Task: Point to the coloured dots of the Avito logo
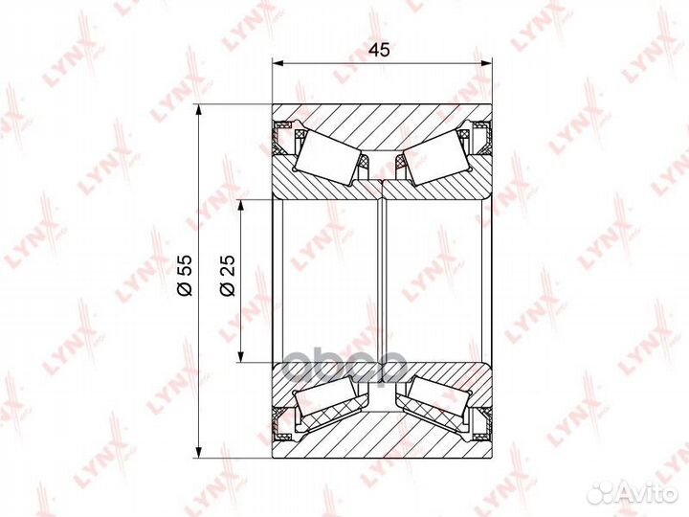coord(601,492)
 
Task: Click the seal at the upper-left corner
coord(283,139)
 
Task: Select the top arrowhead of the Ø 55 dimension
coord(200,108)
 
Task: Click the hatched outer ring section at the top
coord(383,124)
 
